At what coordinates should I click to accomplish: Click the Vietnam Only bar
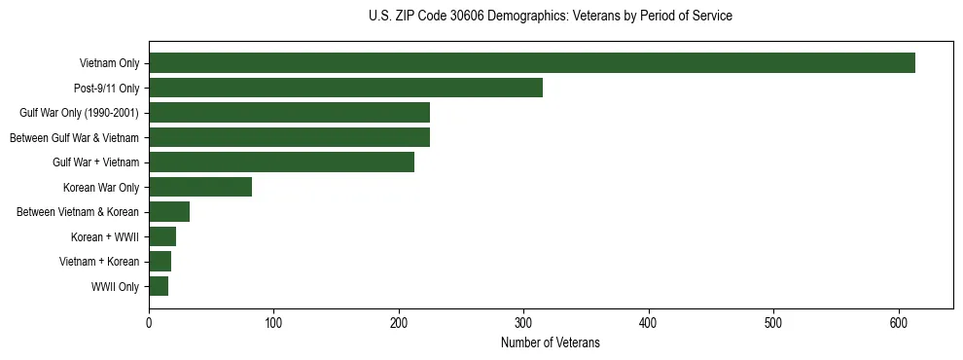pos(532,63)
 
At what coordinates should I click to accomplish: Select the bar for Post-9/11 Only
pos(345,88)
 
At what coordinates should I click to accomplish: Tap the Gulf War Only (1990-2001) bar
pos(289,113)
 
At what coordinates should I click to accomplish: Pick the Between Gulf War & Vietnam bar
pos(289,137)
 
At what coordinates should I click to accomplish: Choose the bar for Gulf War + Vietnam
pos(281,162)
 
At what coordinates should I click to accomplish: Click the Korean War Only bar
pos(200,187)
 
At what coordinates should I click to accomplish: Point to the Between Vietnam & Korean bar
pos(169,211)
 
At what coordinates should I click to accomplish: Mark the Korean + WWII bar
pos(162,236)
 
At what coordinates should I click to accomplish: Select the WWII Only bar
pos(159,286)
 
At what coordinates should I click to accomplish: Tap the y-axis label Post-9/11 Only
pos(106,89)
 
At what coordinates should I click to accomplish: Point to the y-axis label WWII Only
pos(115,287)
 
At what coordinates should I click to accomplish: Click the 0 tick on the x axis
pos(149,324)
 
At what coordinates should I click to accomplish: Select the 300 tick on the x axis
pos(524,324)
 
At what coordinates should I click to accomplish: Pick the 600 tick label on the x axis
pos(899,324)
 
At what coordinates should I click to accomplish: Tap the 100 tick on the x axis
pos(274,324)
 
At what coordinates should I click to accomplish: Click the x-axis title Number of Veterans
pos(551,343)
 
